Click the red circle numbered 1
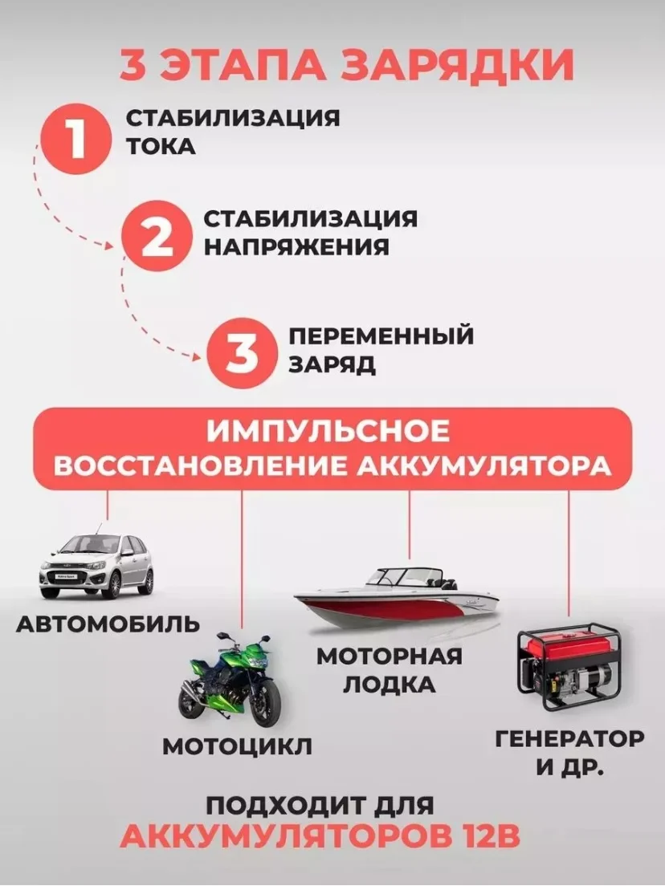click(x=75, y=138)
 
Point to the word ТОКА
click(x=161, y=146)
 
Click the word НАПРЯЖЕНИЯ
click(x=296, y=247)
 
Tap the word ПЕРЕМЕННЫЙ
click(x=381, y=335)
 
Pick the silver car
click(x=96, y=564)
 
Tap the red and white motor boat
click(x=396, y=598)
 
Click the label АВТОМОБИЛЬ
click(x=108, y=624)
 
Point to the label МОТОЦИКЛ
click(x=237, y=746)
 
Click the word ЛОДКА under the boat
click(x=390, y=685)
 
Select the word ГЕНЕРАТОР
click(x=569, y=738)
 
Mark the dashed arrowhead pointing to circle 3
click(x=196, y=356)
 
